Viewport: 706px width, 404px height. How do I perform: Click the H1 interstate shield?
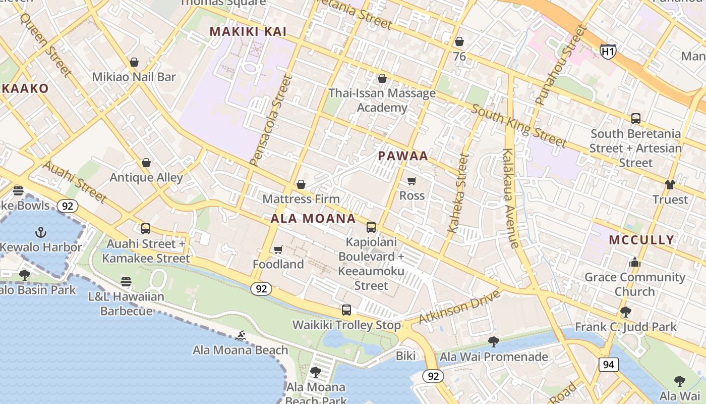(x=608, y=50)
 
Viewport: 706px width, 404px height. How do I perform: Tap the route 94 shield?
(x=609, y=364)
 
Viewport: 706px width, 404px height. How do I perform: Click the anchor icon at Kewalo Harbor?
(x=40, y=232)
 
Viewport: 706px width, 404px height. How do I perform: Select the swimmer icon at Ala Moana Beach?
(x=241, y=336)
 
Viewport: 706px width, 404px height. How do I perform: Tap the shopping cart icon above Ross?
(x=412, y=181)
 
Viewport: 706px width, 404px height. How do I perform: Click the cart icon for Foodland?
(x=278, y=250)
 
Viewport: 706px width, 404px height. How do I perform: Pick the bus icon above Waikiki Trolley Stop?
(x=346, y=310)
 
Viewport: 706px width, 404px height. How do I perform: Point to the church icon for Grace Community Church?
(x=634, y=263)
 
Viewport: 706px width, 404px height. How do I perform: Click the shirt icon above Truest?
(x=670, y=185)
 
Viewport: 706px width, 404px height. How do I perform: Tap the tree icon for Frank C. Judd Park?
(x=626, y=312)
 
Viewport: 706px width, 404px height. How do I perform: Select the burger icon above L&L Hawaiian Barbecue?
(x=126, y=282)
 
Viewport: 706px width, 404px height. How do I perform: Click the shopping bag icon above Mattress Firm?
(x=301, y=184)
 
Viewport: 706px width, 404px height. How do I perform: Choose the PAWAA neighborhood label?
(x=403, y=156)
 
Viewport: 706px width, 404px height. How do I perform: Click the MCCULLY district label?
(x=641, y=240)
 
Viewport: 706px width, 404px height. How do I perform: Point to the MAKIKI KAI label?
(x=248, y=32)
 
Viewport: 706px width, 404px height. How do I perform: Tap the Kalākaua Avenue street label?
(x=510, y=198)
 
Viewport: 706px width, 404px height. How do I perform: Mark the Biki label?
(x=405, y=356)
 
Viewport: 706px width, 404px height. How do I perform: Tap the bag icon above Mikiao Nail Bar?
(x=134, y=62)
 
